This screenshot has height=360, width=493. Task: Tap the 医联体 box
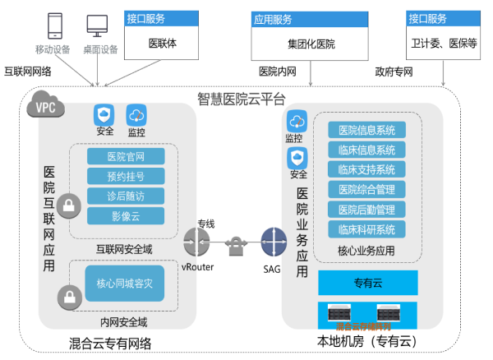(x=162, y=42)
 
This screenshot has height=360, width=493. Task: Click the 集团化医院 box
(x=311, y=42)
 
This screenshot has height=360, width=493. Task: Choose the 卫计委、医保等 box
(x=444, y=42)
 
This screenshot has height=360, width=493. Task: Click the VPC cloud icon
(x=43, y=105)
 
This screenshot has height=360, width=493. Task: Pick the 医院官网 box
(x=126, y=157)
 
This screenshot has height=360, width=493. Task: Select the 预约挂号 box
(x=126, y=177)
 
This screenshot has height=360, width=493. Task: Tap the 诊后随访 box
(x=126, y=196)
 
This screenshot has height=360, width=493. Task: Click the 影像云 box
(x=126, y=216)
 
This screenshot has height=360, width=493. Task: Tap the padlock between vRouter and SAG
(x=235, y=244)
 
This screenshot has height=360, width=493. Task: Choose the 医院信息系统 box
(x=367, y=130)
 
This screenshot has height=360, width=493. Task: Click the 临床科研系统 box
(x=367, y=229)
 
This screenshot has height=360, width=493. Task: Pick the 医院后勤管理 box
(x=367, y=210)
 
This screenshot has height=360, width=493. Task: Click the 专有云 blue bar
(x=369, y=284)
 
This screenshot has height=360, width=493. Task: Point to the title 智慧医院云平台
(x=241, y=99)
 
